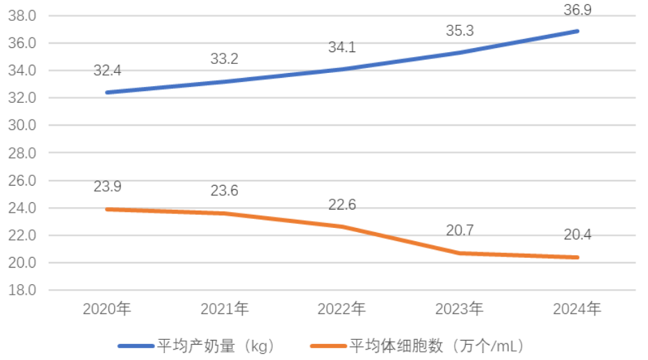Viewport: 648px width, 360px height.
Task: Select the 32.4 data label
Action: (x=106, y=70)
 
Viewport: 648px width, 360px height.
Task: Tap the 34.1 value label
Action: (x=342, y=48)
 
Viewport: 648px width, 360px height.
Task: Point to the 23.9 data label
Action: (x=106, y=187)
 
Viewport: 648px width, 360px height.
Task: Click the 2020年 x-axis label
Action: (x=106, y=309)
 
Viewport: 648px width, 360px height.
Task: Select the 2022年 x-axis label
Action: (x=342, y=309)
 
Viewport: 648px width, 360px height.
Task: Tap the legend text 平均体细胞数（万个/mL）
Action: (x=437, y=345)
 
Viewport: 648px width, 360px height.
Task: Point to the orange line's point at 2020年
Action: (x=106, y=209)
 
